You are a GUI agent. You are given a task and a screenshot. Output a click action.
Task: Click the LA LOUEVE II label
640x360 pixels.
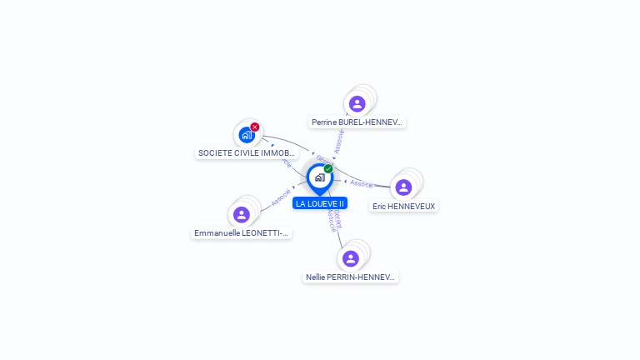(320, 203)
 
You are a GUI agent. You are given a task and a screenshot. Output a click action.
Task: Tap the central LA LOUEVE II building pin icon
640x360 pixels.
(319, 177)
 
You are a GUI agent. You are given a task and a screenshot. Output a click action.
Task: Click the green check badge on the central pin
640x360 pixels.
(328, 168)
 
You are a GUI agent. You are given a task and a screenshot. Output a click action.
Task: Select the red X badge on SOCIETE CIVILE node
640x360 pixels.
(255, 127)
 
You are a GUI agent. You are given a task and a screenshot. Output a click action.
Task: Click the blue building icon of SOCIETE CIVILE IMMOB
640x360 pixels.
(246, 134)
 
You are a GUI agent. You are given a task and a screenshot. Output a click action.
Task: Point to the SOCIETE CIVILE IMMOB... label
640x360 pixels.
(247, 153)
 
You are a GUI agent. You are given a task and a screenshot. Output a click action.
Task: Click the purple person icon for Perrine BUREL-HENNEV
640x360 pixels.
(357, 103)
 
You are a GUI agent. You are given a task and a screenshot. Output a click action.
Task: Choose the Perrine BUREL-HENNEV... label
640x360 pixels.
(357, 122)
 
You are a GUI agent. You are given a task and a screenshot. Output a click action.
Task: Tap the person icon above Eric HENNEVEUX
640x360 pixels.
(404, 187)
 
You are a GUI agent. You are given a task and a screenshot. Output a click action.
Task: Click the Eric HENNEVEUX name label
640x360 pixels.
(403, 206)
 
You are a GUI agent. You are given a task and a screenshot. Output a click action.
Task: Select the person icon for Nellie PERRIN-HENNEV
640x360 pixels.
(351, 258)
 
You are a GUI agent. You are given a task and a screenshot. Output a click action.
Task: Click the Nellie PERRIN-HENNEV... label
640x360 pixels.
(350, 277)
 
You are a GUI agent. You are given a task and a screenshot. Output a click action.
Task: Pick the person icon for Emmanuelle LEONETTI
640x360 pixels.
(242, 215)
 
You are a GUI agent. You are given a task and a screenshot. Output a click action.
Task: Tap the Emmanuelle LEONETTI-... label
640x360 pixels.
(242, 233)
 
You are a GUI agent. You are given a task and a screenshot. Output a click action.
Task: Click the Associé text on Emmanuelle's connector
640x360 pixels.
(281, 197)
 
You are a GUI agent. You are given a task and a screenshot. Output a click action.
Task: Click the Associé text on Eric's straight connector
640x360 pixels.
(361, 183)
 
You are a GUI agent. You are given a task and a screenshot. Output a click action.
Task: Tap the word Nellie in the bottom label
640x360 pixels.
(317, 277)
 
